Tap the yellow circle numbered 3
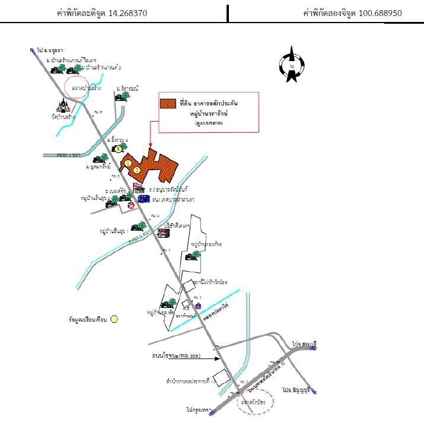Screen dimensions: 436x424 [118, 148]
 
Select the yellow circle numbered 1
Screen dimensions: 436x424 [128, 162]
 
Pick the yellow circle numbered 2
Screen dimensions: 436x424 [137, 170]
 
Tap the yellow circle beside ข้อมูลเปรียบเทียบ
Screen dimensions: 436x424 [114, 319]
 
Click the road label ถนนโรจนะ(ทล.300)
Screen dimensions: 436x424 [173, 357]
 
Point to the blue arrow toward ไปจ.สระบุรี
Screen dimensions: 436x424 [314, 350]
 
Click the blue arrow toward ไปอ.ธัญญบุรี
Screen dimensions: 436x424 [314, 392]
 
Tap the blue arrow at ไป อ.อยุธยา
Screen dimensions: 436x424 [31, 50]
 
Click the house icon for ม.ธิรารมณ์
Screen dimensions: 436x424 [122, 96]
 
